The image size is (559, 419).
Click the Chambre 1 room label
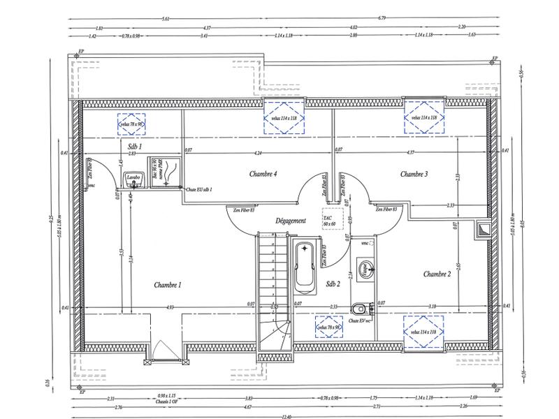tap(168, 285)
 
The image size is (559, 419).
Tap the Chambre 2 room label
tap(437, 274)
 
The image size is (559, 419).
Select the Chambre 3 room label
tap(414, 173)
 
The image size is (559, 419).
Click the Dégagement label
tap(291, 221)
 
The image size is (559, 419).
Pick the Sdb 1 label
tap(135, 147)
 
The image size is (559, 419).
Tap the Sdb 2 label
tap(333, 284)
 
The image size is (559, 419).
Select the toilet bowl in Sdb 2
tap(358, 307)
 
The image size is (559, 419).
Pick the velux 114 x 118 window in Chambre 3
tap(424, 118)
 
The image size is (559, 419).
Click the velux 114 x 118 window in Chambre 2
tap(424, 331)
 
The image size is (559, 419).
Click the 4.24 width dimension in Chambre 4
tap(258, 152)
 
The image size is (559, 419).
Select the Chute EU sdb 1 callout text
tap(199, 190)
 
